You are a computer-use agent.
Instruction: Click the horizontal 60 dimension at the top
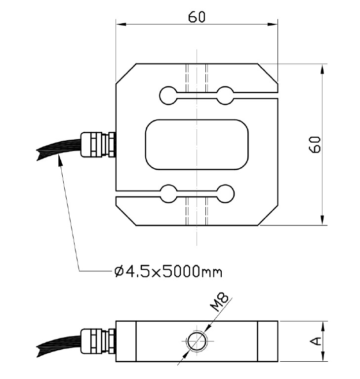[x=197, y=16]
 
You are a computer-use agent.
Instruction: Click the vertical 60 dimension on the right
[x=316, y=145]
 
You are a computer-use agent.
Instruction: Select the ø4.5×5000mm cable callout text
[x=167, y=271]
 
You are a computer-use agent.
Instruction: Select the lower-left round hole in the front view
[x=168, y=193]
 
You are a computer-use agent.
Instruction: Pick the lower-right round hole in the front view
[x=226, y=193]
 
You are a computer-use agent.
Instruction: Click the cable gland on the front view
[x=98, y=144]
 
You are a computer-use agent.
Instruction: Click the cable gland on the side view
[x=98, y=341]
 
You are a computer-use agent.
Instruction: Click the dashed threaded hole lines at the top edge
[x=197, y=76]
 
